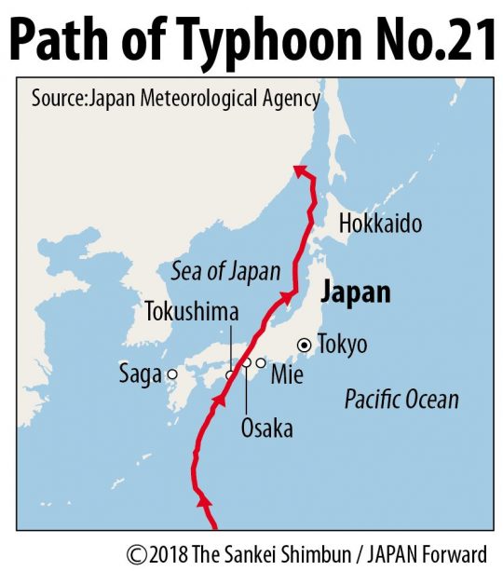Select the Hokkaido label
(380, 224)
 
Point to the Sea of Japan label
(226, 271)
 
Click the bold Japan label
(355, 292)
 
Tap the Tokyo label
(342, 345)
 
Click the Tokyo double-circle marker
(304, 345)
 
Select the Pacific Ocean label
(401, 400)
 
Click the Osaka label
(266, 428)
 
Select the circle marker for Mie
(261, 362)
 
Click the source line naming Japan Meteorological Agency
(176, 99)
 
